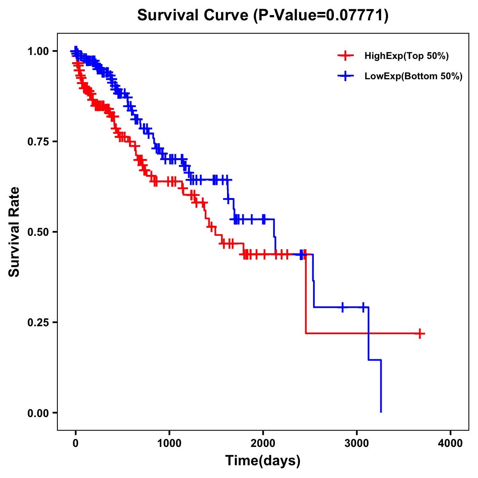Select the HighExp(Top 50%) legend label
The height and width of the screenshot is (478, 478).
click(406, 56)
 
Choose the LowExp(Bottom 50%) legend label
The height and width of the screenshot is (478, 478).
click(413, 76)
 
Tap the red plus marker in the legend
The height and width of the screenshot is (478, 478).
click(345, 56)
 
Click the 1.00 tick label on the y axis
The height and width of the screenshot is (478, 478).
click(38, 51)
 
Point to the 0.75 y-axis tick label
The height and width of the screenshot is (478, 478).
click(38, 142)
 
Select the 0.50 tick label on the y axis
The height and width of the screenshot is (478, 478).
click(38, 232)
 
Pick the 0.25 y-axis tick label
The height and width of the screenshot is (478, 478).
click(38, 323)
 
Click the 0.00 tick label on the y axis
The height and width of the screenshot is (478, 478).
click(38, 413)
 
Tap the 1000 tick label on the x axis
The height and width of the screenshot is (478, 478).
click(169, 443)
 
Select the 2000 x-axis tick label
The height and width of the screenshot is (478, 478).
click(263, 443)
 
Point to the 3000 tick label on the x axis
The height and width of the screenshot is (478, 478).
click(357, 443)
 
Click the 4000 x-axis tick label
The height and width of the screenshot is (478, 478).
click(451, 443)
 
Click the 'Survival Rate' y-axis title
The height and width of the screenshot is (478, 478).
click(14, 232)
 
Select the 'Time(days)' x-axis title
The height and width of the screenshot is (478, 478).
click(263, 461)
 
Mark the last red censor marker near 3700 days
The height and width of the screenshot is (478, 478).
click(420, 333)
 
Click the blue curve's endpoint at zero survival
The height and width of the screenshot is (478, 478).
click(381, 411)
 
